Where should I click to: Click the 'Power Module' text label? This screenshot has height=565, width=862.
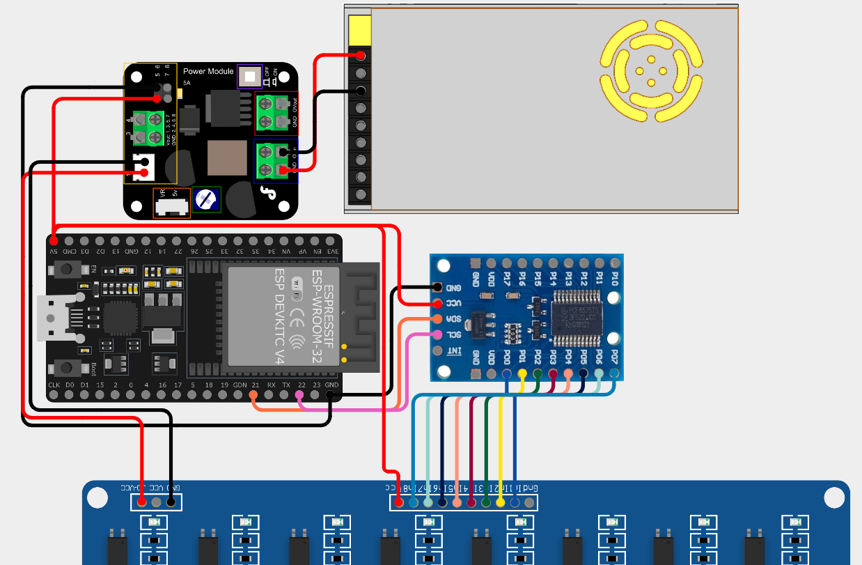(x=208, y=71)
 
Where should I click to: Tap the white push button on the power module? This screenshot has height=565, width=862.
(x=250, y=76)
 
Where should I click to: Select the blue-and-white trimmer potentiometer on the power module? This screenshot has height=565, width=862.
(x=206, y=199)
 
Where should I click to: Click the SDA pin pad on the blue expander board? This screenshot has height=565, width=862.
(x=437, y=319)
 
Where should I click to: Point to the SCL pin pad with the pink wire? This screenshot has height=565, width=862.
(x=437, y=335)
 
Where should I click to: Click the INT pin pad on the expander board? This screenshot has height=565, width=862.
(x=437, y=351)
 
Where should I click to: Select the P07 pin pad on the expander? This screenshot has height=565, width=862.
(x=614, y=374)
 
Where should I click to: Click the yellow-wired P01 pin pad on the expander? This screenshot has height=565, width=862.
(x=522, y=374)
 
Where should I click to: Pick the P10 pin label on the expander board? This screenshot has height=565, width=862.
(x=615, y=279)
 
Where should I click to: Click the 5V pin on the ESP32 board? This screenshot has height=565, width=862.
(x=54, y=240)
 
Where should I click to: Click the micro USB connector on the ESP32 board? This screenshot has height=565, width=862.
(x=56, y=317)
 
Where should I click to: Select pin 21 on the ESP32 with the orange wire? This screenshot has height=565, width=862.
(x=254, y=396)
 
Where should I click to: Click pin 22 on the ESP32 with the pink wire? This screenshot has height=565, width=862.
(x=300, y=396)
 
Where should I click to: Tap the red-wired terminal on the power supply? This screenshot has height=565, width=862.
(x=361, y=56)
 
